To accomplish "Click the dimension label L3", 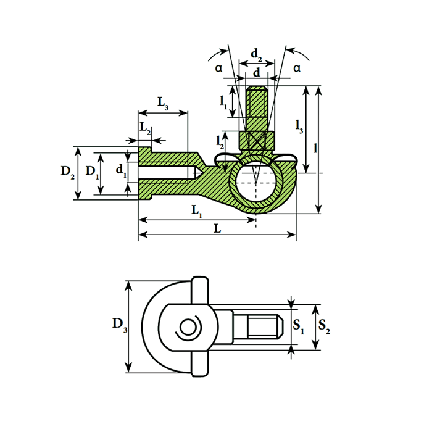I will click(x=163, y=103).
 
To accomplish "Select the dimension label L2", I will click(x=145, y=129).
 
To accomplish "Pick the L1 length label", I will click(x=197, y=211).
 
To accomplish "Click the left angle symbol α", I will click(x=218, y=69).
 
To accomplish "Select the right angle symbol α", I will click(x=297, y=67).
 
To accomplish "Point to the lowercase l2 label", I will click(x=220, y=141).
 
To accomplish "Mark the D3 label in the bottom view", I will click(x=120, y=325).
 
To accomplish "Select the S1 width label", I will click(x=298, y=325).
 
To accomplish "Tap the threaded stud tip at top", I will click(x=257, y=99).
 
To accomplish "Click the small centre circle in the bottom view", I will click(x=186, y=326).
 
